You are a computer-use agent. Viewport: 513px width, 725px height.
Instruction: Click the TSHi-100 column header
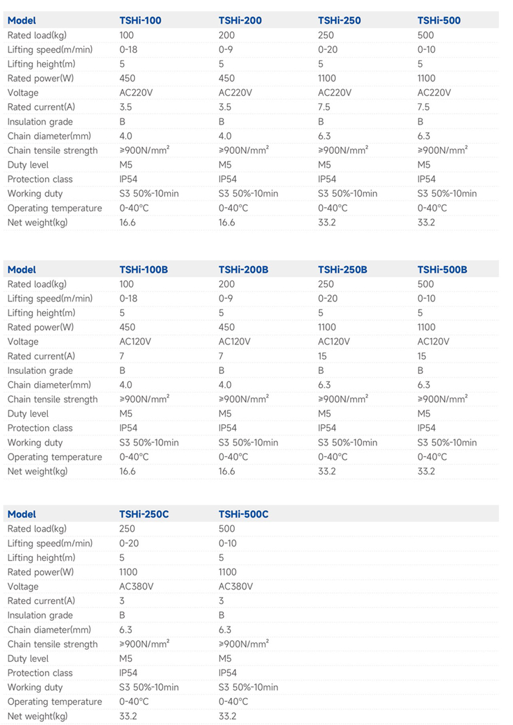pyautogui.click(x=140, y=21)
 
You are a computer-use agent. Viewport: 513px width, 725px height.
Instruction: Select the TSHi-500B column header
pyautogui.click(x=442, y=270)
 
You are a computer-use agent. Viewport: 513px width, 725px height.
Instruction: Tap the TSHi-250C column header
pyautogui.click(x=144, y=514)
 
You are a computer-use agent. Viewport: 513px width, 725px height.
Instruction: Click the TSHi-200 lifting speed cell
pyautogui.click(x=226, y=50)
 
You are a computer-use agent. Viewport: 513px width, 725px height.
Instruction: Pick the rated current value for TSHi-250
pyautogui.click(x=325, y=107)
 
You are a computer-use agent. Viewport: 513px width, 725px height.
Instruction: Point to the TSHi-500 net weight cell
pyautogui.click(x=426, y=222)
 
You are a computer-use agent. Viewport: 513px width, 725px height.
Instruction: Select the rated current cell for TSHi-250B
pyautogui.click(x=323, y=356)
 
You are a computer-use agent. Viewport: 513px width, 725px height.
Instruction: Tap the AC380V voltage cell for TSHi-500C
pyautogui.click(x=235, y=586)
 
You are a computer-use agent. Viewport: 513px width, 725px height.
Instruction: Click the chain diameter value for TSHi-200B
pyautogui.click(x=225, y=385)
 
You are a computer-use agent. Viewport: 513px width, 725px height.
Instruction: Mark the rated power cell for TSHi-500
pyautogui.click(x=426, y=78)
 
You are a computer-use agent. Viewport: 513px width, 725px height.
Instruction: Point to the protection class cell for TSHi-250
pyautogui.click(x=327, y=179)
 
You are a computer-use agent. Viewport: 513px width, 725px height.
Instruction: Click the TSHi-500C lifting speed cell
pyautogui.click(x=227, y=543)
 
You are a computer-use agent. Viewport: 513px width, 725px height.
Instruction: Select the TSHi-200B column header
pyautogui.click(x=243, y=270)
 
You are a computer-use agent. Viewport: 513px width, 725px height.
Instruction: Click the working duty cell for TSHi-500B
pyautogui.click(x=447, y=442)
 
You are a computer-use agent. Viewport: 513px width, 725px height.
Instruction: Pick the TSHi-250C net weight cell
pyautogui.click(x=128, y=716)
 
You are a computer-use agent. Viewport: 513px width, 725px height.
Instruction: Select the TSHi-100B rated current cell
pyautogui.click(x=122, y=356)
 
